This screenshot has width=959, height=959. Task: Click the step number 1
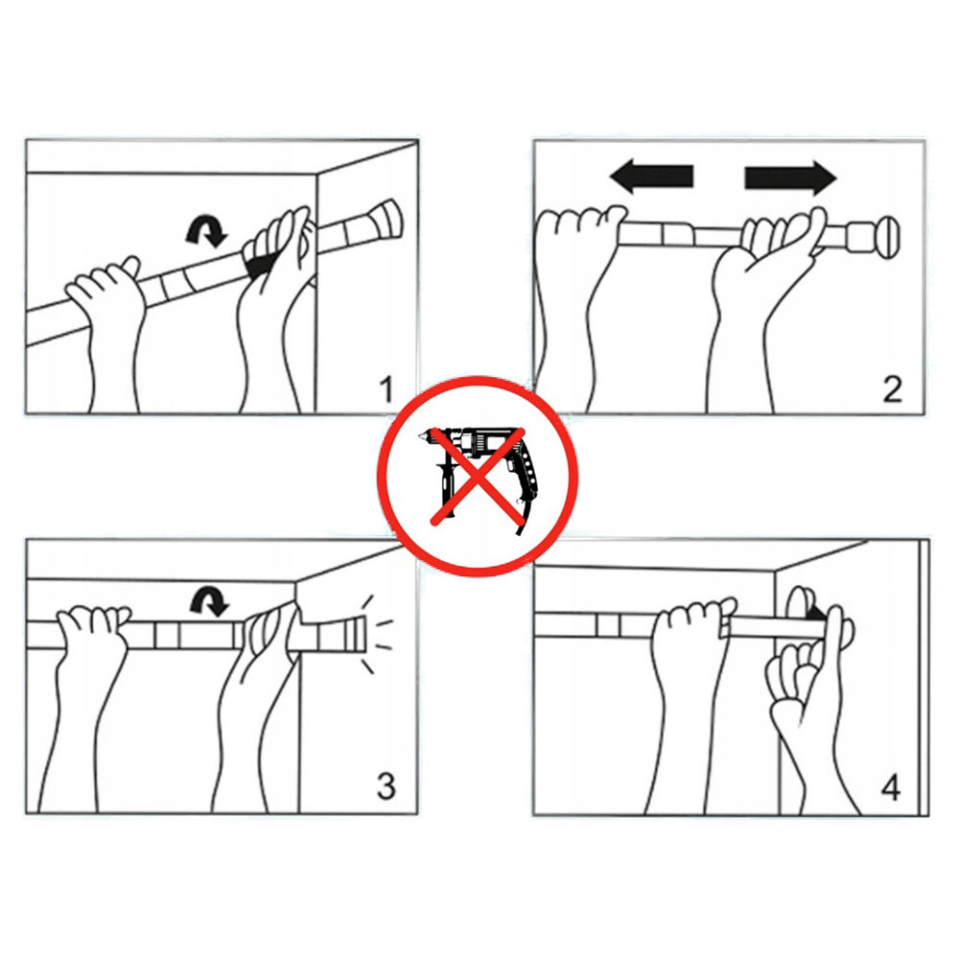pos(386,389)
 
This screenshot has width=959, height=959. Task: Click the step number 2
pos(892,389)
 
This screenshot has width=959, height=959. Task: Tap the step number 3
pos(386,786)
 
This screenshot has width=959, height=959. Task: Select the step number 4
pos(891,787)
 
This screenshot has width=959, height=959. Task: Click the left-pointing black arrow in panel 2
pos(651,176)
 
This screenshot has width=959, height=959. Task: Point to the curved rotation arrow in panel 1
pos(207,231)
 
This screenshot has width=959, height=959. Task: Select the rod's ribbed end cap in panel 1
pos(386,221)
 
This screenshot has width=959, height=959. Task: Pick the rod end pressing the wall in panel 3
pos(354,634)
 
